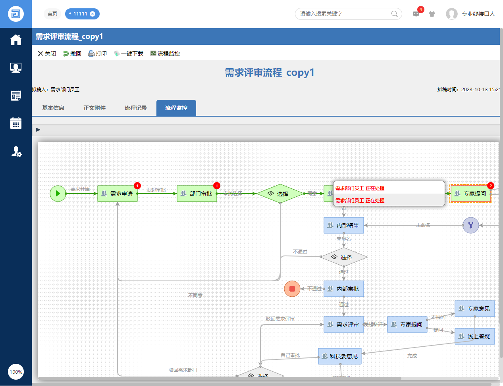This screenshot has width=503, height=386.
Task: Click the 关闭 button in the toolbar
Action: pyautogui.click(x=46, y=54)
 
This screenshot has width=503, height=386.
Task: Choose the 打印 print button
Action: pyautogui.click(x=97, y=54)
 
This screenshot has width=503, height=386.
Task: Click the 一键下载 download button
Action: pyautogui.click(x=128, y=54)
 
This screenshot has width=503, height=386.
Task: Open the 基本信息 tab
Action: pyautogui.click(x=53, y=108)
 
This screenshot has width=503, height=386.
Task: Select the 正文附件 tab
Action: pyautogui.click(x=94, y=108)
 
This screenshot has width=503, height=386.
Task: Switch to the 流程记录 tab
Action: pyautogui.click(x=136, y=108)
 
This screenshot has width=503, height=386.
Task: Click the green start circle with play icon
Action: pyautogui.click(x=58, y=194)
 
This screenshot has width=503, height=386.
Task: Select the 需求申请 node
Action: pyautogui.click(x=118, y=194)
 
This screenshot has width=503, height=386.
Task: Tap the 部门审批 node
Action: pyautogui.click(x=197, y=194)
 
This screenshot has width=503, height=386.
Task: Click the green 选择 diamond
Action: pyautogui.click(x=280, y=194)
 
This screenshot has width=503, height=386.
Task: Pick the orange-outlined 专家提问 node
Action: pyautogui.click(x=471, y=194)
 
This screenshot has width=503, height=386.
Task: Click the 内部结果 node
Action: pyautogui.click(x=344, y=225)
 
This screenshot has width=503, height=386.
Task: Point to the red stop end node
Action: pyautogui.click(x=292, y=289)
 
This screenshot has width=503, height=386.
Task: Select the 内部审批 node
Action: pyautogui.click(x=344, y=289)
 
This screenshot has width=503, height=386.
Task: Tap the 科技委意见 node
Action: pyautogui.click(x=340, y=356)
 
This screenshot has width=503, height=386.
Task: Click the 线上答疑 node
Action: pyautogui.click(x=475, y=336)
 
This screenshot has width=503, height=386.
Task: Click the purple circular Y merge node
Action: pyautogui.click(x=471, y=225)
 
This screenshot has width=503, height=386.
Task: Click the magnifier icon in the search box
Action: pyautogui.click(x=394, y=14)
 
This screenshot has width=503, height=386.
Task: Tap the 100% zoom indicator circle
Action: pyautogui.click(x=16, y=372)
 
